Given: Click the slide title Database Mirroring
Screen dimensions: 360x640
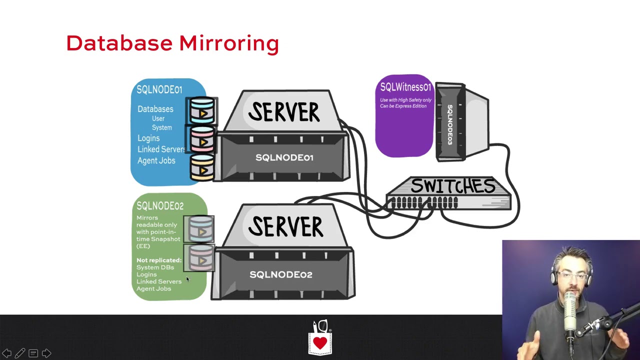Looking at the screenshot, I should coord(172,43).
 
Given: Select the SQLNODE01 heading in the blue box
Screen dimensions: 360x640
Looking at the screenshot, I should coord(159,89).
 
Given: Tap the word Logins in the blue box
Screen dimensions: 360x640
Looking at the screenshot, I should coord(148,138).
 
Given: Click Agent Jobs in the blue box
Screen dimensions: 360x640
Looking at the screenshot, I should coord(156,160).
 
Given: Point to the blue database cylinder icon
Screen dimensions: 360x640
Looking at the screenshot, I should coord(202,110).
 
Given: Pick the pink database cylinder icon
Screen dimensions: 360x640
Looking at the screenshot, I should coord(202,139).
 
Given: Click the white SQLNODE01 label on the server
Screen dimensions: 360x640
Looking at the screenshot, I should coord(284,157).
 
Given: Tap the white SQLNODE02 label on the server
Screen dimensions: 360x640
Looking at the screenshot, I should coord(280,274).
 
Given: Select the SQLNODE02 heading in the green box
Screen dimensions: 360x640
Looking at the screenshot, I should coord(159,206).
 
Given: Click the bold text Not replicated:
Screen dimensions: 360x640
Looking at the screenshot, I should coord(158,260).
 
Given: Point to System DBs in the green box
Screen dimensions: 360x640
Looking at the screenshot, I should coord(155,267).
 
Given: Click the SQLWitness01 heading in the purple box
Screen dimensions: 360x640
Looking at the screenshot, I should coord(405,87).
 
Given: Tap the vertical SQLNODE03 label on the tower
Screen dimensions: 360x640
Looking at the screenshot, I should coord(449,124).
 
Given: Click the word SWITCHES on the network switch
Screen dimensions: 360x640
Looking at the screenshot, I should coord(452,186).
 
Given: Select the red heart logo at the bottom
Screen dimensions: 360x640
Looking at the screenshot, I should coord(320,343).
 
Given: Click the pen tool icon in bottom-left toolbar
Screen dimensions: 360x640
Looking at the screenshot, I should coord(20,353).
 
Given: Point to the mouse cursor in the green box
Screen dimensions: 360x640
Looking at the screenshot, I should coord(187,279).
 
